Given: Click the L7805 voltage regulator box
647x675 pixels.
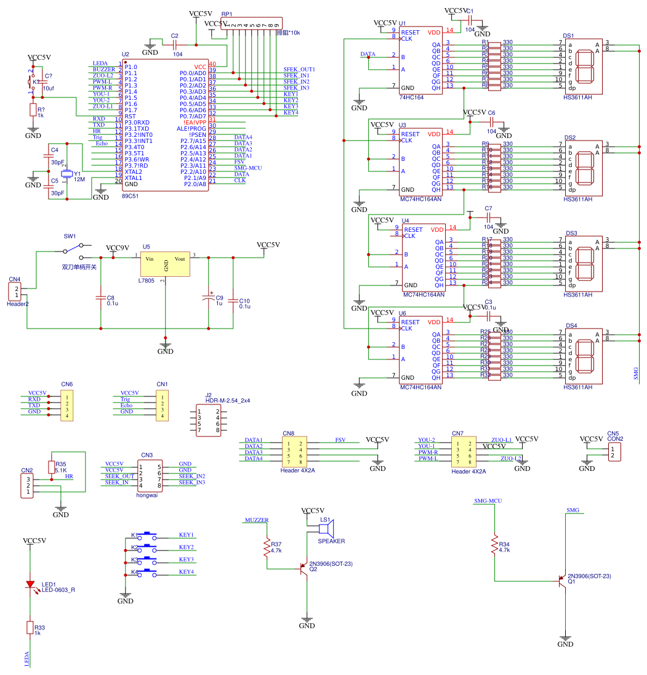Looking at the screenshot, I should (x=166, y=265).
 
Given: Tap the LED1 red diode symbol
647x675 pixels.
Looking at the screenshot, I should (x=29, y=584).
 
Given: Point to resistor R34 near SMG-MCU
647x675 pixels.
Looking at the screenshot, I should (x=494, y=545).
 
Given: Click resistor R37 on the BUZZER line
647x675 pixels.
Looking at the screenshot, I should (x=267, y=547).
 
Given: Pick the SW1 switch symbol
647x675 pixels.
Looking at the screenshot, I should (x=73, y=249).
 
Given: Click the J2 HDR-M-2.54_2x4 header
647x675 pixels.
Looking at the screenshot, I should (x=208, y=420).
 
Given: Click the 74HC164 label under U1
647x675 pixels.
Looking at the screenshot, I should (x=412, y=97).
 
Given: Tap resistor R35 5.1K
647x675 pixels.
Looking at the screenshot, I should (x=51, y=467).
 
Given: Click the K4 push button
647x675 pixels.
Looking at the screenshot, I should (x=149, y=571).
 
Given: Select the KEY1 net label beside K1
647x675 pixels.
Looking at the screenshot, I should (x=187, y=535).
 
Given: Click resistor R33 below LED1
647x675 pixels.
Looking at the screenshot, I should (x=29, y=627).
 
